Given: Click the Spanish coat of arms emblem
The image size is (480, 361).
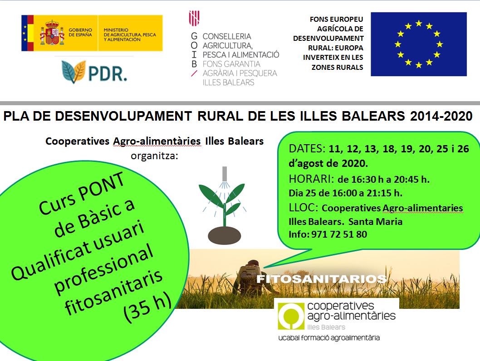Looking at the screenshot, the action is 52,33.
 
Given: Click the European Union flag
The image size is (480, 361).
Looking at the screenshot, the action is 418,44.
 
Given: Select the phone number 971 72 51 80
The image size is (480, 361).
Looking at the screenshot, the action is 339,234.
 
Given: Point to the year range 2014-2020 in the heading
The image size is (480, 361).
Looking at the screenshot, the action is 441,116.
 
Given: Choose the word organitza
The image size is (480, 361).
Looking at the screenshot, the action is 154,156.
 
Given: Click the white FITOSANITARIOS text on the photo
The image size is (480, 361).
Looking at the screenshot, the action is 321,279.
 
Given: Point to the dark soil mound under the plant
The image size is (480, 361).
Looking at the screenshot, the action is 225,235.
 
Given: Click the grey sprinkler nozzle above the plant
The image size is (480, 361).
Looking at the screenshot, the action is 225,173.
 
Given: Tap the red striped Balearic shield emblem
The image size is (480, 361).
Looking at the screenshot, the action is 194,18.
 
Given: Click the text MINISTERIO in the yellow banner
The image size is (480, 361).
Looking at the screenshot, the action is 116,30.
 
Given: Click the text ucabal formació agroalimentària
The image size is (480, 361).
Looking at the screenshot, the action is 329,338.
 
